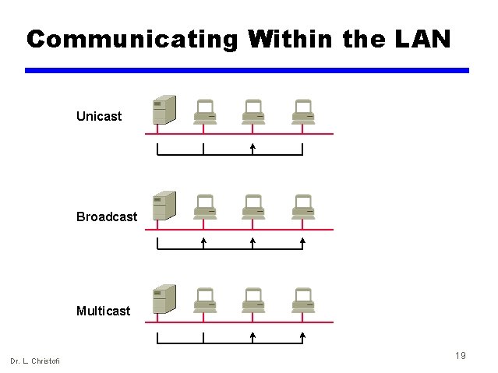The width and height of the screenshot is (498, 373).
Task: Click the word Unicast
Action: click(x=99, y=117)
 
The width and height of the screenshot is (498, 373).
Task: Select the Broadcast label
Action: click(x=107, y=217)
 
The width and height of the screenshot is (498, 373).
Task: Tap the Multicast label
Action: click(x=104, y=311)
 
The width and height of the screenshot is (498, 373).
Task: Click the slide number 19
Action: click(x=461, y=356)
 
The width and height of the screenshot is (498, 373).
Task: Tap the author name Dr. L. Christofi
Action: click(x=35, y=360)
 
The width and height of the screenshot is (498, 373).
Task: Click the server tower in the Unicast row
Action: click(x=164, y=110)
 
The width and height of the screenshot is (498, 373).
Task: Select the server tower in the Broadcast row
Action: click(x=164, y=206)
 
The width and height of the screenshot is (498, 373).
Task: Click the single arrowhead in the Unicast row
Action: click(x=253, y=146)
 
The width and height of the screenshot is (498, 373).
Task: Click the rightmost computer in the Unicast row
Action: click(x=302, y=111)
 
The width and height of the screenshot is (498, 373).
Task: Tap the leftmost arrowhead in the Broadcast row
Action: click(x=203, y=241)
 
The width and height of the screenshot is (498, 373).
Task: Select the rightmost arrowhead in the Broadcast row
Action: click(x=302, y=241)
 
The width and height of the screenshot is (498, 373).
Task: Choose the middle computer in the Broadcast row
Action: click(x=253, y=206)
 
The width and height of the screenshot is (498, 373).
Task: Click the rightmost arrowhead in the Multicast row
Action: click(x=302, y=336)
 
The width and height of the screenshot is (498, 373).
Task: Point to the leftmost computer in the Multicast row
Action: click(x=205, y=301)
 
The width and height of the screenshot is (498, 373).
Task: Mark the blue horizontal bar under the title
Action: click(x=247, y=70)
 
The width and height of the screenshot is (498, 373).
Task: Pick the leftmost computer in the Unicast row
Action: click(x=205, y=111)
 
